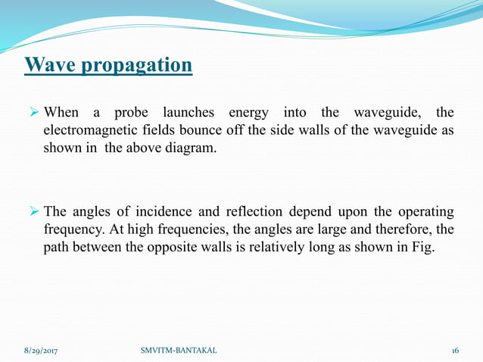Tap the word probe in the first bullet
point(131,114)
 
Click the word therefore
point(406,228)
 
